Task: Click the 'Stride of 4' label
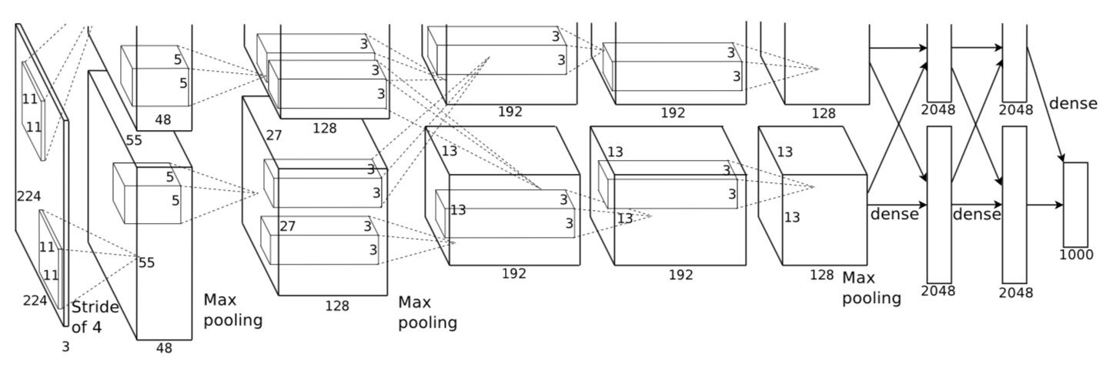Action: coord(95,317)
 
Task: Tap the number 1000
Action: coord(1076,255)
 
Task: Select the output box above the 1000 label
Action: coord(1076,204)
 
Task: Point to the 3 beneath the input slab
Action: coord(65,347)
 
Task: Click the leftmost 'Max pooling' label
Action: coord(233,310)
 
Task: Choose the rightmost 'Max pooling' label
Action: coord(871,288)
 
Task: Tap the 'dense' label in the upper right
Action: coord(1073,103)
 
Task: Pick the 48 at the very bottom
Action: coord(164,349)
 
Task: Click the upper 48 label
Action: coord(163,120)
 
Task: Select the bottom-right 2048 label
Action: coord(1016,292)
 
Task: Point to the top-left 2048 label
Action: coord(938,110)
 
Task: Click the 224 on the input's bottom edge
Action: coord(35,301)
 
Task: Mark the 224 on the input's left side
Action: coord(28,197)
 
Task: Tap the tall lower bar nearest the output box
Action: coord(1014,205)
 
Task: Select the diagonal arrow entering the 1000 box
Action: coord(1045,105)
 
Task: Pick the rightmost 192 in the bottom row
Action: coord(680,275)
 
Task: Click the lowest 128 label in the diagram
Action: coord(337,306)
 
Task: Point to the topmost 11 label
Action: coord(30,98)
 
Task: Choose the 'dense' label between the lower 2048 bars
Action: coord(977,214)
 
